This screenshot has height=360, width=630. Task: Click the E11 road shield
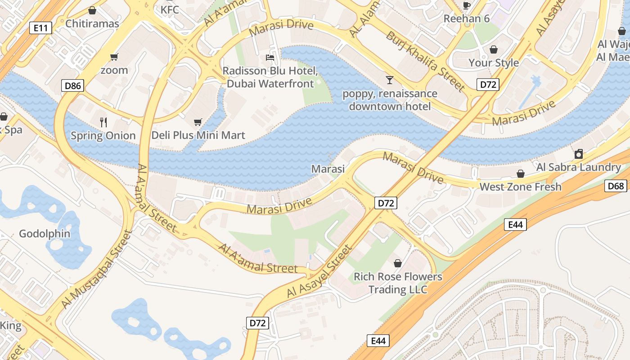pyautogui.click(x=40, y=28)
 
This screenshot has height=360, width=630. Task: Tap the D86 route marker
pyautogui.click(x=72, y=85)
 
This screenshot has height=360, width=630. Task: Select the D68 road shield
pyautogui.click(x=616, y=186)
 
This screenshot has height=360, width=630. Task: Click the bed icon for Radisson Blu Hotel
pyautogui.click(x=270, y=58)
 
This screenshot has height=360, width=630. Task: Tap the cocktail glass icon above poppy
pyautogui.click(x=390, y=80)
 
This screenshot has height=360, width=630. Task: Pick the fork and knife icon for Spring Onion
pyautogui.click(x=103, y=122)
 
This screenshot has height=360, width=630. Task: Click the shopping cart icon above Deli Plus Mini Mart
pyautogui.click(x=198, y=122)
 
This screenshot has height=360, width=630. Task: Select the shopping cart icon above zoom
pyautogui.click(x=114, y=57)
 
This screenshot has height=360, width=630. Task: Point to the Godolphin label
pyautogui.click(x=45, y=234)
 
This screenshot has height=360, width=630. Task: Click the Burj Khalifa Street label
pyautogui.click(x=425, y=61)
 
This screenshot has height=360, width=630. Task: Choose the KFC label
pyautogui.click(x=170, y=9)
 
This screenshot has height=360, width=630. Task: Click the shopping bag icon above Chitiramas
pyautogui.click(x=92, y=10)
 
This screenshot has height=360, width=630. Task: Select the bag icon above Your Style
pyautogui.click(x=494, y=49)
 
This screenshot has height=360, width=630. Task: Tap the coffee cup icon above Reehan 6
pyautogui.click(x=467, y=5)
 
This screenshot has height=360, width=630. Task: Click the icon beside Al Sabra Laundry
pyautogui.click(x=579, y=154)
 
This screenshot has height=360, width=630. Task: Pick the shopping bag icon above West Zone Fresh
pyautogui.click(x=521, y=174)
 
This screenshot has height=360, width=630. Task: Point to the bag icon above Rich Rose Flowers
pyautogui.click(x=398, y=263)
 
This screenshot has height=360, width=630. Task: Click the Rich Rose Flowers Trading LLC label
pyautogui.click(x=398, y=283)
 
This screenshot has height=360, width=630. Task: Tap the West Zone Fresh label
pyautogui.click(x=521, y=187)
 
